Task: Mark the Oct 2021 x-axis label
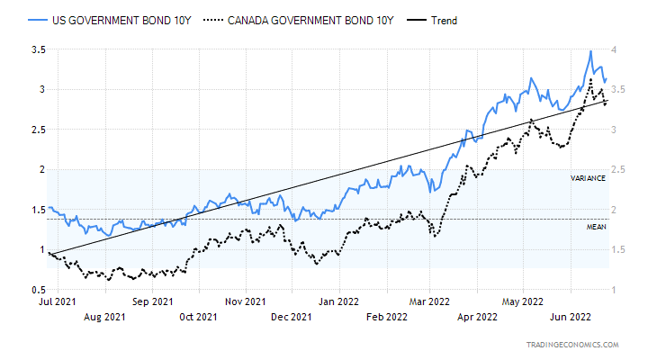click(x=198, y=317)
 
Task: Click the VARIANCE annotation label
click(x=587, y=178)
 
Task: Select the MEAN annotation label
click(x=596, y=227)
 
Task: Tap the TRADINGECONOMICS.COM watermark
click(x=574, y=345)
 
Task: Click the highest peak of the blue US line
click(x=590, y=51)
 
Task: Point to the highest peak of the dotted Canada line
click(x=590, y=79)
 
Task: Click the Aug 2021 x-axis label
click(x=103, y=317)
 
